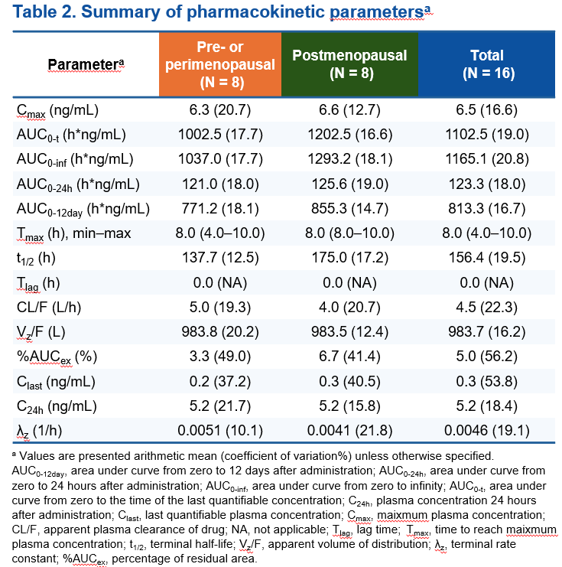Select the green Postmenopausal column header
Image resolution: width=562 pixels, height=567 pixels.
tap(349, 64)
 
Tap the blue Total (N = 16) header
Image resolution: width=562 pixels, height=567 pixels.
tap(488, 64)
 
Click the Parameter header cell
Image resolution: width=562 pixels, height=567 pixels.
tap(86, 64)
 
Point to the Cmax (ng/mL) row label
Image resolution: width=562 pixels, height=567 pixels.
tap(57, 111)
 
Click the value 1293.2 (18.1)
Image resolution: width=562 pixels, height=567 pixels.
tap(349, 160)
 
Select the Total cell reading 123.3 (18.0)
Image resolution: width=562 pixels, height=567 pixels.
tap(488, 184)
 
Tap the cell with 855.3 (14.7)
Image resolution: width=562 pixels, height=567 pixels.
tap(349, 209)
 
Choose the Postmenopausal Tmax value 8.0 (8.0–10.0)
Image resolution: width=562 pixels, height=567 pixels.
tap(349, 233)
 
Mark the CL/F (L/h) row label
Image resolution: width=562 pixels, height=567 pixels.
tap(50, 307)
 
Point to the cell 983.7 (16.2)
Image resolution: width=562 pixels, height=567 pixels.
tap(488, 331)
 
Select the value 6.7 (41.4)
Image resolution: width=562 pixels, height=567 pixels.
tap(349, 356)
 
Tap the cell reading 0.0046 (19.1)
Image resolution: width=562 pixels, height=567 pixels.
tap(488, 429)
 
